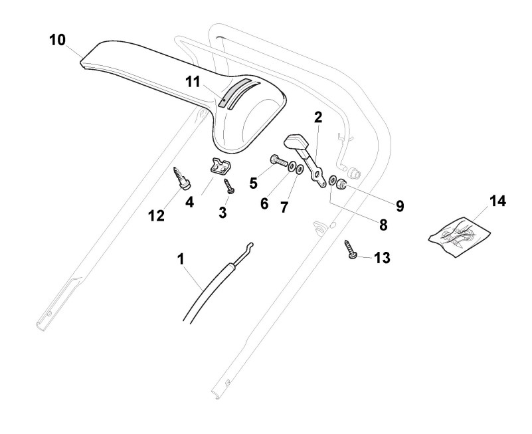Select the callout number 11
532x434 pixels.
point(193,82)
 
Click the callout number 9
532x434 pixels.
point(400,205)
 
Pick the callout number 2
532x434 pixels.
point(318,118)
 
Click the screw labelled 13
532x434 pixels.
point(349,253)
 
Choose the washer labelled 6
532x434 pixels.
point(292,165)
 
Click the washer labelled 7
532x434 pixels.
point(301,169)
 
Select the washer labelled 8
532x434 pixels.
point(332,181)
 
